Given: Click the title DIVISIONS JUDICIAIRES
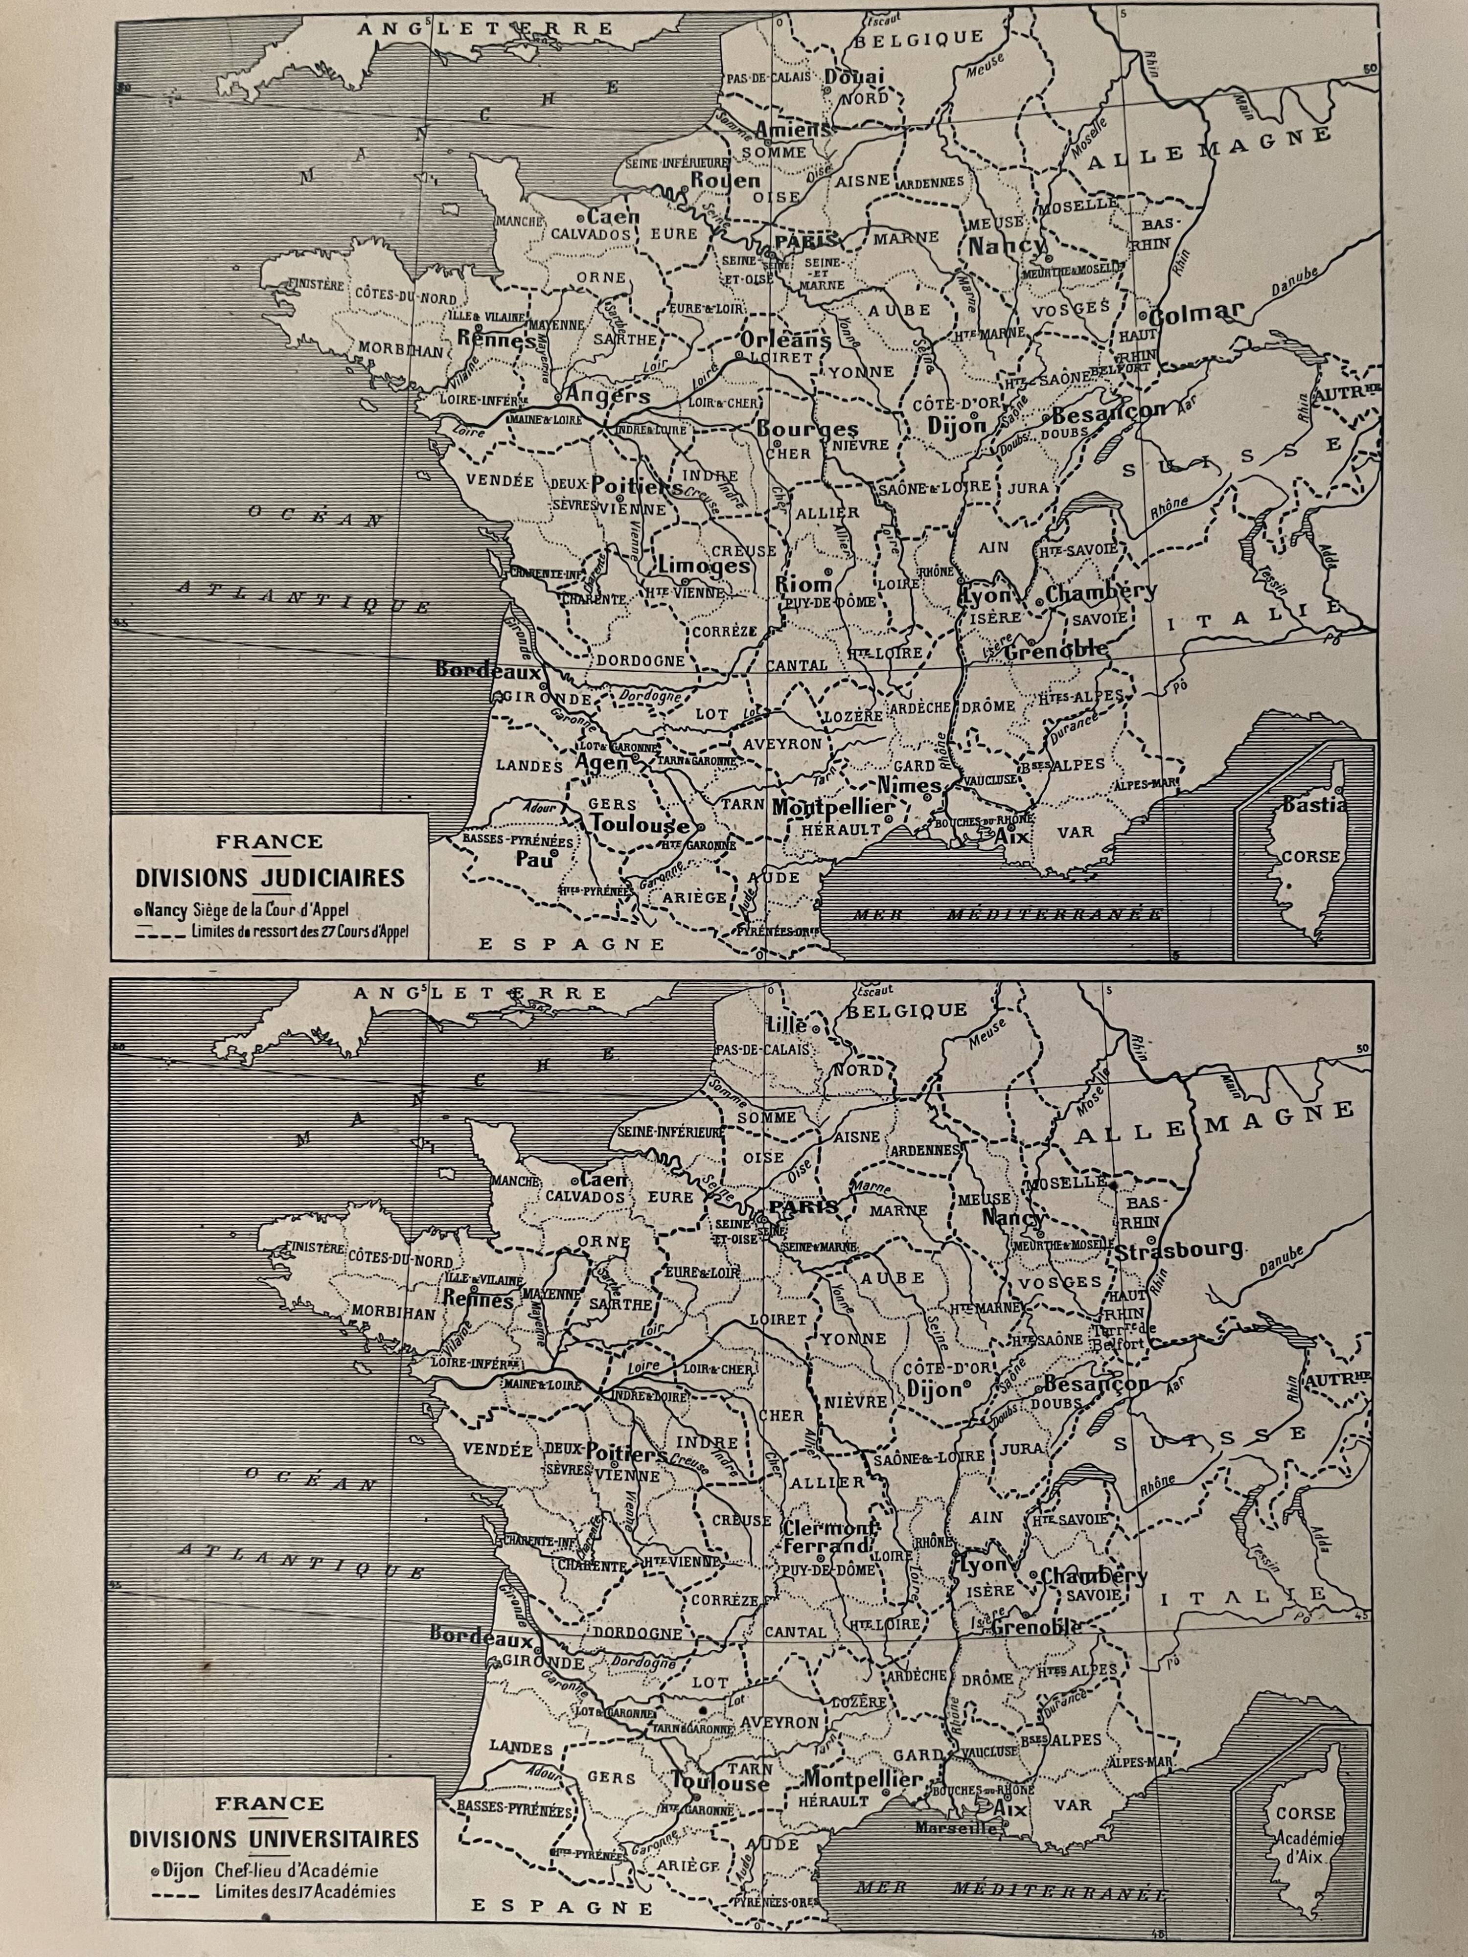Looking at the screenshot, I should point(270,878).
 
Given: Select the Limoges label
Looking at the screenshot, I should point(704,566).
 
